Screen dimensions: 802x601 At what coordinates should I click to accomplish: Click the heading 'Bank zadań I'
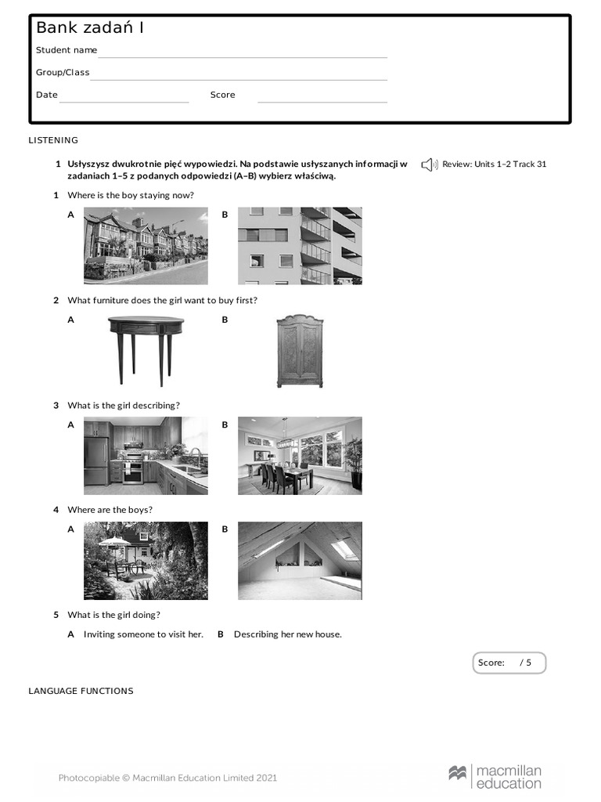click(x=90, y=28)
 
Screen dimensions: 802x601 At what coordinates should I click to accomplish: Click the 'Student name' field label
click(x=67, y=50)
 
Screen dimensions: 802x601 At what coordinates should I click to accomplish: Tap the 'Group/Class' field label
click(x=63, y=72)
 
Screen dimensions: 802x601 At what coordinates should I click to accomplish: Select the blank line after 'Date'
click(x=124, y=99)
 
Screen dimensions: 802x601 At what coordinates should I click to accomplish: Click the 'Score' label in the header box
click(x=222, y=95)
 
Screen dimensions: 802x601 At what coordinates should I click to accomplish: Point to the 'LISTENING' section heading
click(x=53, y=140)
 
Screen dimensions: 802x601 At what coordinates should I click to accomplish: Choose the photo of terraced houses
click(x=146, y=245)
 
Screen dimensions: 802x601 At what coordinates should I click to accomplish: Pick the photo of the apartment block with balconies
click(x=300, y=245)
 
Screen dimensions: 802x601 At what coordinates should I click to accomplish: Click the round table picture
click(x=146, y=350)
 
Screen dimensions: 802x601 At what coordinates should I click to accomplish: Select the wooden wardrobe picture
click(x=300, y=350)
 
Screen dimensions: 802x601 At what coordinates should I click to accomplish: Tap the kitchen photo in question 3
click(x=146, y=455)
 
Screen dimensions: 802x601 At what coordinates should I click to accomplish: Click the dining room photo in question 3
click(x=300, y=455)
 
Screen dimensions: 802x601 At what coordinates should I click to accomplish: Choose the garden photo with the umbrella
click(x=146, y=560)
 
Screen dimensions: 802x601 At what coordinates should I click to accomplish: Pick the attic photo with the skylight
click(x=300, y=560)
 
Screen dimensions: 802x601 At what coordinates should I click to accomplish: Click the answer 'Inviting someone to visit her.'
click(x=143, y=634)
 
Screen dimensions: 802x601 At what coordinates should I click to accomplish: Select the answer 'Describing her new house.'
click(x=287, y=634)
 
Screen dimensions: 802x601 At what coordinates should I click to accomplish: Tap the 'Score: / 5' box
click(x=509, y=663)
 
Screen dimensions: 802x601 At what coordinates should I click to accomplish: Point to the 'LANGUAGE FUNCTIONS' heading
click(x=81, y=691)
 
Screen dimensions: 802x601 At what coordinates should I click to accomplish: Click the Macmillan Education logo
click(x=495, y=776)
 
